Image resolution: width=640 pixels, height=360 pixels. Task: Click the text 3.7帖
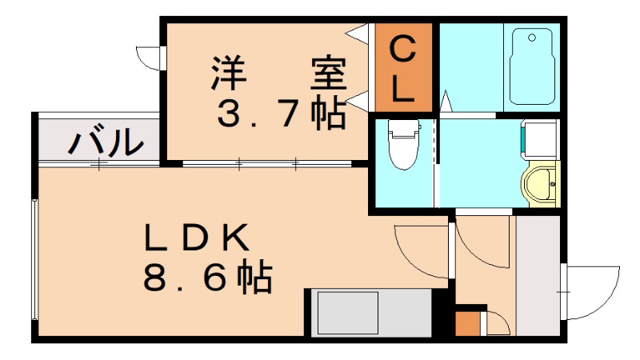(282, 114)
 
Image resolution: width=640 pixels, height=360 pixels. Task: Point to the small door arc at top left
(148, 58)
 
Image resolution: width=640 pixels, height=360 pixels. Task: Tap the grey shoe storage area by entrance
(538, 276)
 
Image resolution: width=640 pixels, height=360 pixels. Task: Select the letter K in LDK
(239, 238)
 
